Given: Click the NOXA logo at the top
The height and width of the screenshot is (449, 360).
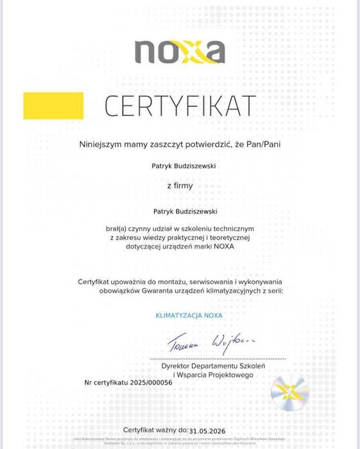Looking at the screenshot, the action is coord(180,52).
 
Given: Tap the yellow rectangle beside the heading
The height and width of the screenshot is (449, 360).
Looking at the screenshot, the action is coord(53,106).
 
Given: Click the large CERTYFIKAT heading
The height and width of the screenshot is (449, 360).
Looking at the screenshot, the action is coord(180,106).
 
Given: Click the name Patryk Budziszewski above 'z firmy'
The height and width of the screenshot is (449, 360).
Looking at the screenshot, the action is coord(184,166).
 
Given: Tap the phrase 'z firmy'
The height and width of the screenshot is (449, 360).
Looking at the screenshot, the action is coord(180,186).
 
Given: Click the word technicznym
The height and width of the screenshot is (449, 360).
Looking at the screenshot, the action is coord(231,229).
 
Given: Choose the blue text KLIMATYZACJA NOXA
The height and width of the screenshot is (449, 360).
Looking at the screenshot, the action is coord(189,315).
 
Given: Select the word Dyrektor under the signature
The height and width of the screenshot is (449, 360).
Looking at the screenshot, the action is coord(177,365).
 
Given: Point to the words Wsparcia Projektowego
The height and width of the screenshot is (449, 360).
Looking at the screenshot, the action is coord(218,374).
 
